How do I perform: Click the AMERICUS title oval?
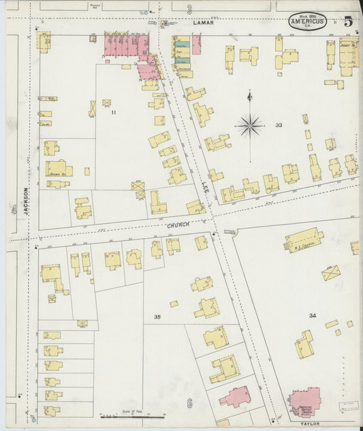(307, 21)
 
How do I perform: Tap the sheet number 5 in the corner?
(347, 20)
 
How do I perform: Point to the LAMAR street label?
(203, 23)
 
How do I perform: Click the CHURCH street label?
(176, 225)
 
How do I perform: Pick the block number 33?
(279, 125)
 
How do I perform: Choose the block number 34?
(312, 315)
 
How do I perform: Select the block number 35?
(157, 317)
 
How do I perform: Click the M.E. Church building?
(304, 240)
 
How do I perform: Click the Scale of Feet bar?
(133, 415)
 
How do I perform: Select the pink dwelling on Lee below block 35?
(234, 397)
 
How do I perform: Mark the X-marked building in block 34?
(331, 273)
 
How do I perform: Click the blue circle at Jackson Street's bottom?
(32, 420)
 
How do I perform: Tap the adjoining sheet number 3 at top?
(189, 9)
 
